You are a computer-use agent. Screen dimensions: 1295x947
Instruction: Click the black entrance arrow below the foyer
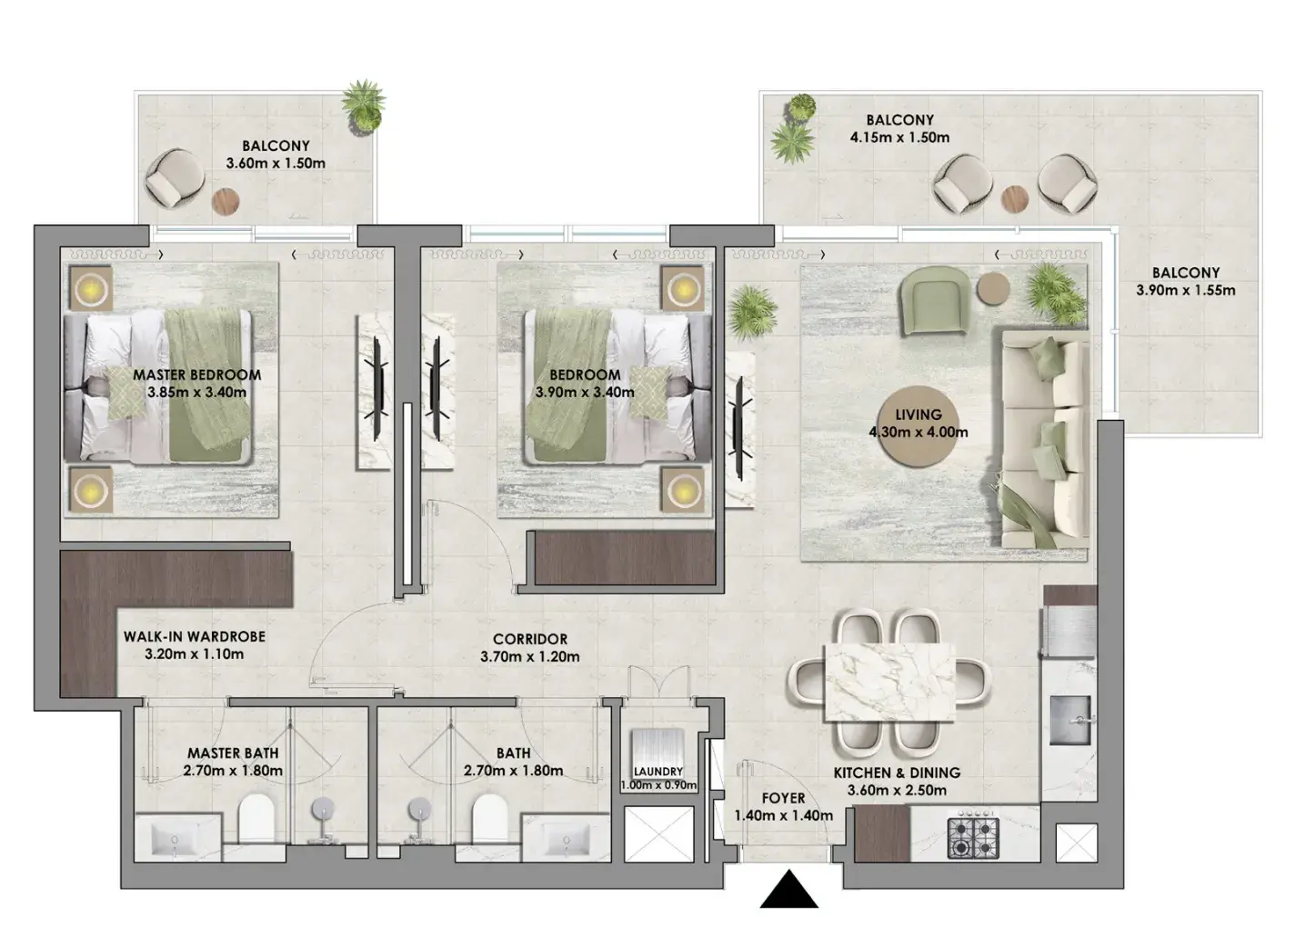[x=788, y=890]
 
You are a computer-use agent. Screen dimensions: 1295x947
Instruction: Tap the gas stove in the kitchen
[x=973, y=837]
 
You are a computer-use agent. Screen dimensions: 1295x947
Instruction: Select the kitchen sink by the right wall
[x=1070, y=720]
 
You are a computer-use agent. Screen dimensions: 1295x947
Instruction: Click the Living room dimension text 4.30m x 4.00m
[x=919, y=432]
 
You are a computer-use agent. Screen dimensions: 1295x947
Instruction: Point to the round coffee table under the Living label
[x=919, y=426]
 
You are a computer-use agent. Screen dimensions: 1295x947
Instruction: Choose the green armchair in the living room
[x=935, y=302]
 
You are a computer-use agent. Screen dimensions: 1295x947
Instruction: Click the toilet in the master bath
[x=256, y=819]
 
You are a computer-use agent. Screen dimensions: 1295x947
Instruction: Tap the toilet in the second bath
[x=489, y=819]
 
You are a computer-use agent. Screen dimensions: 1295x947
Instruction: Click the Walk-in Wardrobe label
[x=195, y=637]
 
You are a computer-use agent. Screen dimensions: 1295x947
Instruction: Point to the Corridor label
[x=530, y=639]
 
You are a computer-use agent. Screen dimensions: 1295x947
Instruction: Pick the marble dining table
[x=889, y=683]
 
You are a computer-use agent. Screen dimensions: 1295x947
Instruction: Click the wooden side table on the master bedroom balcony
[x=226, y=202]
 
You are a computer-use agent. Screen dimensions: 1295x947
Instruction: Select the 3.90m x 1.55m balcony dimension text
[x=1186, y=290]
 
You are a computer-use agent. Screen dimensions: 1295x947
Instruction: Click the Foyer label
[x=783, y=798]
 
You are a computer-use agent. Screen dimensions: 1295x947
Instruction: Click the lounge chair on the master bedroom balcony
[x=175, y=178]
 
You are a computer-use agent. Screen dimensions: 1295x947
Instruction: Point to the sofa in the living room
[x=1045, y=439]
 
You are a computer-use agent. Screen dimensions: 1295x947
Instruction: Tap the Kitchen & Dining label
[x=897, y=773]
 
